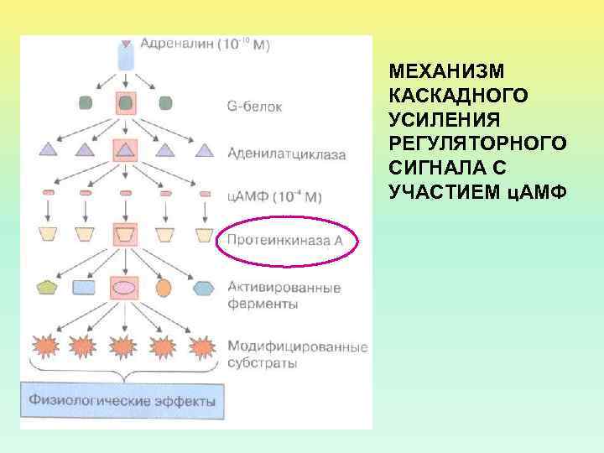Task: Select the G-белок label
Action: point(254,107)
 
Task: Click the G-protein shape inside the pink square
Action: point(125,103)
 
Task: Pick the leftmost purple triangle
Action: point(48,150)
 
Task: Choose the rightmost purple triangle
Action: point(202,150)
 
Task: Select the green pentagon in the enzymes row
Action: point(47,288)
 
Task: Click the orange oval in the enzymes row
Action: point(164,288)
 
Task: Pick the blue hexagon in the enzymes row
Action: point(202,288)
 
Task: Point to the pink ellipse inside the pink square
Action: point(125,288)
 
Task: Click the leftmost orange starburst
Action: point(46,345)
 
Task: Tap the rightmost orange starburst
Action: point(202,345)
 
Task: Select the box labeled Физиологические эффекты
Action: point(122,400)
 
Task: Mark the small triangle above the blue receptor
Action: point(126,43)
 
